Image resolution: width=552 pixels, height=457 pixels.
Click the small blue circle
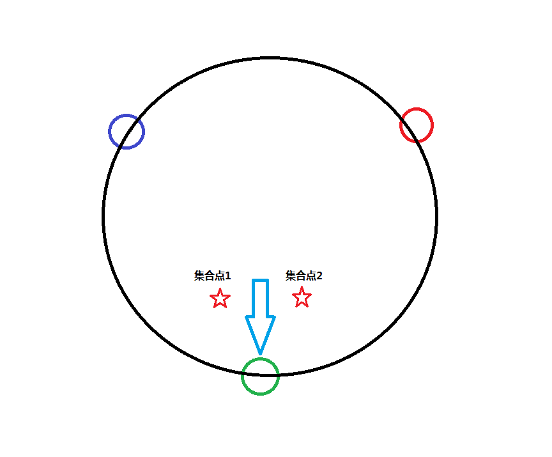tap(126, 132)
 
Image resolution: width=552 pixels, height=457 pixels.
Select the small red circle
tap(417, 125)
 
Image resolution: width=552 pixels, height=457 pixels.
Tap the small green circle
tap(261, 376)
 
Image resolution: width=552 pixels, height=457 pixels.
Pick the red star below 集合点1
tap(220, 298)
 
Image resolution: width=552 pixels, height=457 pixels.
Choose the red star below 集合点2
tap(302, 297)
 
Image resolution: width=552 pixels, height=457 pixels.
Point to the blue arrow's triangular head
tap(260, 333)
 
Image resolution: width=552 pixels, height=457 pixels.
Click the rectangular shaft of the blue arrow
tap(260, 297)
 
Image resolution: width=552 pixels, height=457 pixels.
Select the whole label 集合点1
tap(213, 276)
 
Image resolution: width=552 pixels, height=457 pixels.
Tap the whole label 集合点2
tap(304, 276)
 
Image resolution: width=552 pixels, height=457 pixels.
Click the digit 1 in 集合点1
tap(227, 276)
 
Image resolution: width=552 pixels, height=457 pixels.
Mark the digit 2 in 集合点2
tap(319, 276)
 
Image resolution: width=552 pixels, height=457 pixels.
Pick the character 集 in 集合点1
tap(199, 276)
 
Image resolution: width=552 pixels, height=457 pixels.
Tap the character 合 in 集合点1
tap(209, 276)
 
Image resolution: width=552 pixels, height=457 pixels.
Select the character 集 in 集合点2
tap(291, 276)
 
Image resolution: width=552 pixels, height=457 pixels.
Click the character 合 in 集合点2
tap(300, 276)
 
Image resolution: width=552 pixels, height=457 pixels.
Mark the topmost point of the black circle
tap(270, 58)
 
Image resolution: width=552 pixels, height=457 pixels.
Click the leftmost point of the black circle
tap(103, 216)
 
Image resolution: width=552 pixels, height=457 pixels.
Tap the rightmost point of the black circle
tap(436, 216)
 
